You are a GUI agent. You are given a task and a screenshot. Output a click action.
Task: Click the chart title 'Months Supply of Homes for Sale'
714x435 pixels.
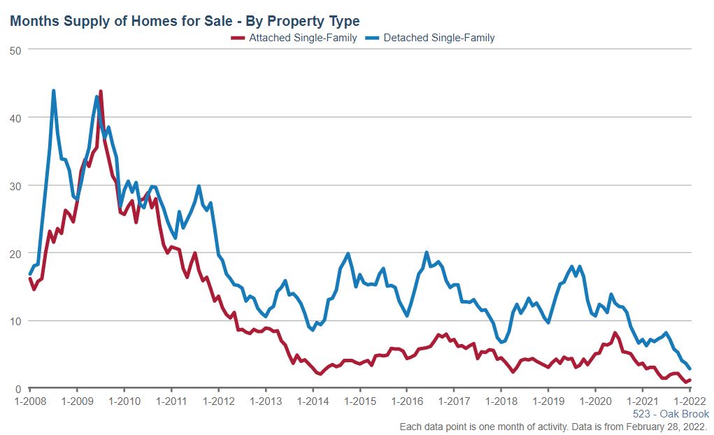tap(185, 21)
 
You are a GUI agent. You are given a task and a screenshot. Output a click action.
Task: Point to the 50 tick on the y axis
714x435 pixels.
tap(15, 50)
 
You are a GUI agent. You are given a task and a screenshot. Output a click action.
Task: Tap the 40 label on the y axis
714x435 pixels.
tap(15, 117)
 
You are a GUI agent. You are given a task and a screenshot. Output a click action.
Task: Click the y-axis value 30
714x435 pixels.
tap(15, 185)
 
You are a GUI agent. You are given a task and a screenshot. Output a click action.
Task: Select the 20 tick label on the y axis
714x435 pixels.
tap(15, 253)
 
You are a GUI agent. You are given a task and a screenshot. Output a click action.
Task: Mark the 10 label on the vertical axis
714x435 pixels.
tap(15, 321)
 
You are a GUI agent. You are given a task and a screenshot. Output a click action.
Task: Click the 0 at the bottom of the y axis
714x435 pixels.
tap(17, 389)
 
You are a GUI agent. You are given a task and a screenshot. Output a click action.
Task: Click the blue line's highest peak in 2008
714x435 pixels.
tap(53, 91)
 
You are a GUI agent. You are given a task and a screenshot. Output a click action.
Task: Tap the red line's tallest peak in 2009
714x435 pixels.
tap(101, 92)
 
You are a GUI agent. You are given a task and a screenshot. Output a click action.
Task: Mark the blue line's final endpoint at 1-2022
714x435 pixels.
tap(690, 369)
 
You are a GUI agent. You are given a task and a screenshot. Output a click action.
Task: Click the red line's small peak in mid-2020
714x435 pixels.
tap(615, 333)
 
